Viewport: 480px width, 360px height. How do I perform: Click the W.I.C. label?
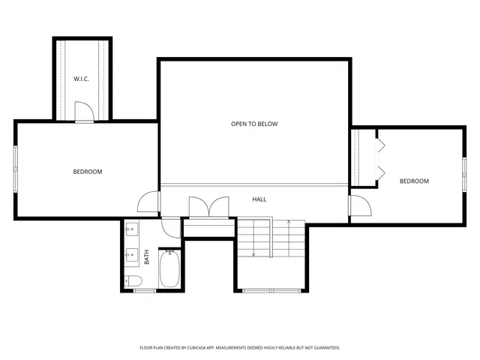pyautogui.click(x=82, y=79)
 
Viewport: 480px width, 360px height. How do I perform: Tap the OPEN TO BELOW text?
pyautogui.click(x=254, y=124)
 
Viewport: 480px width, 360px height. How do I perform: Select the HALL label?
pyautogui.click(x=259, y=199)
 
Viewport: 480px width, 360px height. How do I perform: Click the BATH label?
pyautogui.click(x=147, y=257)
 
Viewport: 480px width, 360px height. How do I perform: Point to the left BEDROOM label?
pyautogui.click(x=87, y=172)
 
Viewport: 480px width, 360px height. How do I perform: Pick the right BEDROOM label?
pyautogui.click(x=414, y=181)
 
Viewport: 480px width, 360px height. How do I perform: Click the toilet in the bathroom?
pyautogui.click(x=133, y=281)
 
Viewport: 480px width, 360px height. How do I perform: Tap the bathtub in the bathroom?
pyautogui.click(x=169, y=270)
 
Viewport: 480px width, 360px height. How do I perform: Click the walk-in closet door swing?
pyautogui.click(x=84, y=112)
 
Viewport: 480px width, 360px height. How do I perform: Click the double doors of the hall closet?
pyautogui.click(x=208, y=208)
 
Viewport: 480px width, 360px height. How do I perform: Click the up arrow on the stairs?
pyautogui.click(x=288, y=222)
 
